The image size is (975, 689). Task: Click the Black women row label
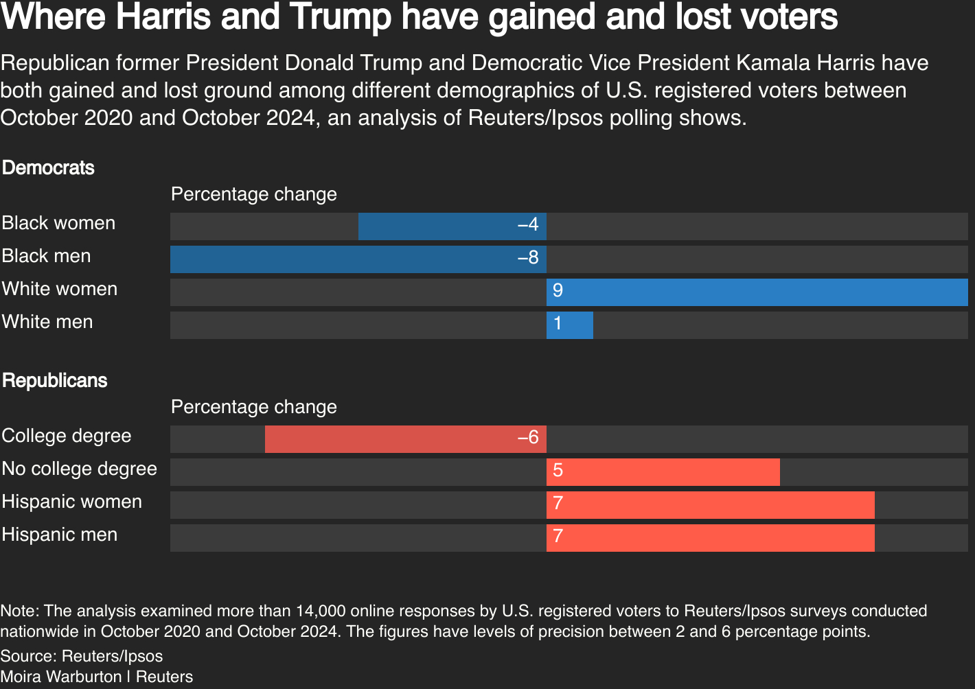coord(58,224)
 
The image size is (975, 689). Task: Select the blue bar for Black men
coord(358,259)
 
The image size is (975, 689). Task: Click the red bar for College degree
coord(405,439)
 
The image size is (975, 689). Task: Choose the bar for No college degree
coord(663,472)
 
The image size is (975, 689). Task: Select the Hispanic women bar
coord(710,505)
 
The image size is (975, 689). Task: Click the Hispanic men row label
coord(60,535)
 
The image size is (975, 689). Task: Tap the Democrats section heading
coord(48,168)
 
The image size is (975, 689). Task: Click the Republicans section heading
coord(55,381)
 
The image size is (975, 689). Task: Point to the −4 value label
coord(528,226)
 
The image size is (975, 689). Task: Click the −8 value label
coord(528,259)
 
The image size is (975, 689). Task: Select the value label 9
coord(558,291)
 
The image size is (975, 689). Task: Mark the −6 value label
coord(528,438)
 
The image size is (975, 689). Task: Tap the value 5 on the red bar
coord(558,471)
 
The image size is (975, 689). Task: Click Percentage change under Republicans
coord(254,408)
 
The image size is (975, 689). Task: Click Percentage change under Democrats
coord(254,195)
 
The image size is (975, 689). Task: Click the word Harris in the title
coord(163,16)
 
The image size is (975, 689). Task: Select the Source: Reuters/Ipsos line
coord(81,656)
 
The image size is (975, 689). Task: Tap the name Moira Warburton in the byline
coord(61,677)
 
